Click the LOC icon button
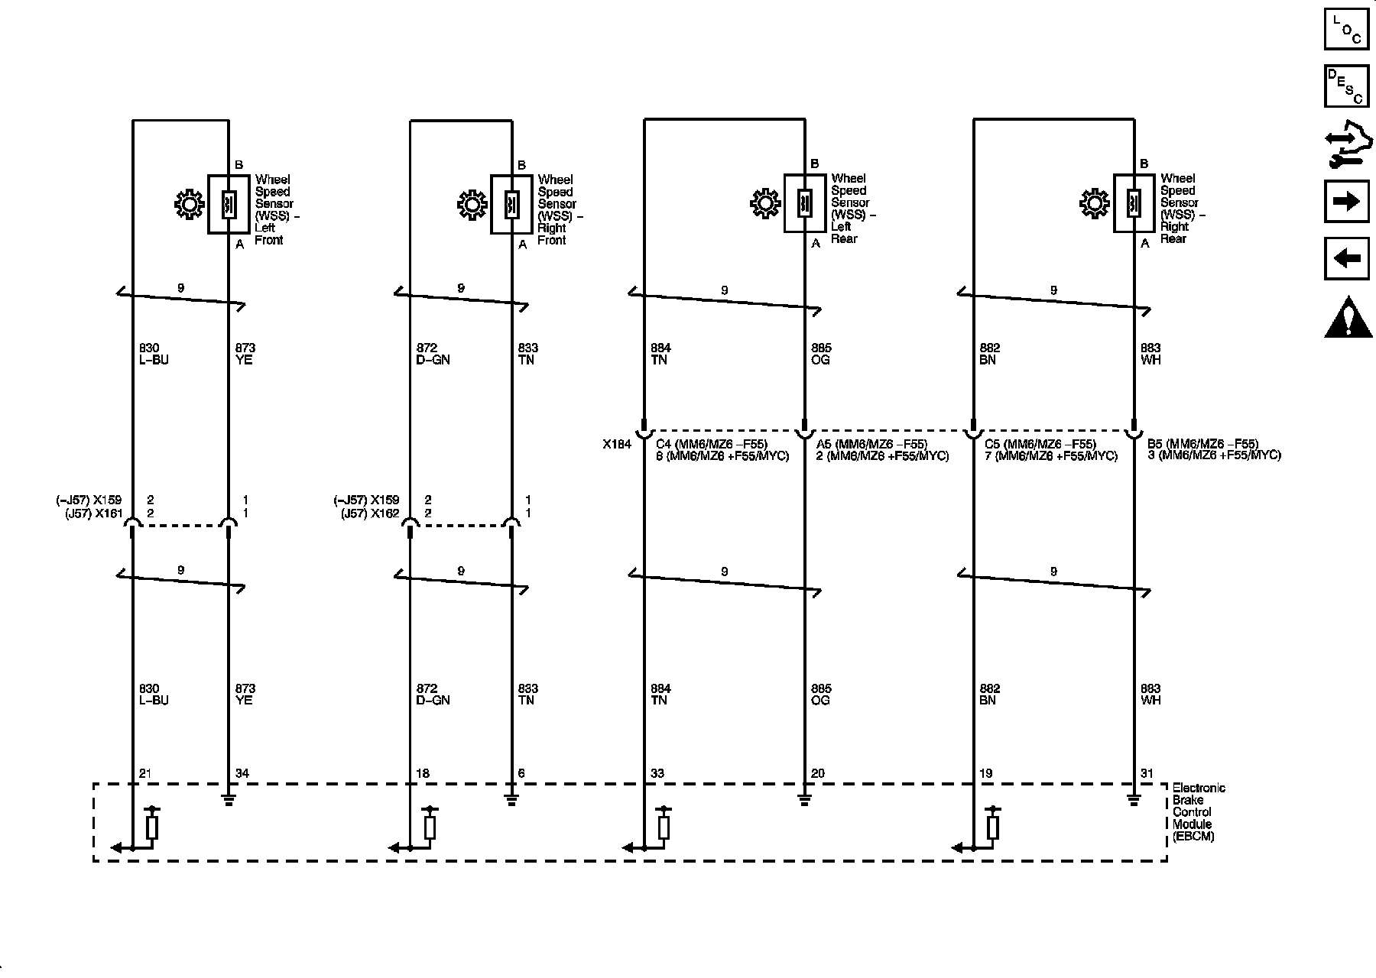1346,28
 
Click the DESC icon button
1346,86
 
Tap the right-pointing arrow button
1346,201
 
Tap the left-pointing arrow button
1346,259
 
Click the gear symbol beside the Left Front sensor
189,205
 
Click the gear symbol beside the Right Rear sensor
1095,203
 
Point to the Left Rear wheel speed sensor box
804,203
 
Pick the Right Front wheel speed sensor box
511,204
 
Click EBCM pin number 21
145,773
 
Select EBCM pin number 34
242,773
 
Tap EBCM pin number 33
656,773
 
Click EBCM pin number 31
1147,773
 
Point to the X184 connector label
616,444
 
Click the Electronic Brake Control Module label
1198,812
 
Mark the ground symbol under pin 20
804,800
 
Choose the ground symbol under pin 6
511,800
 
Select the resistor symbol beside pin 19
992,826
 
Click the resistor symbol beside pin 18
430,826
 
